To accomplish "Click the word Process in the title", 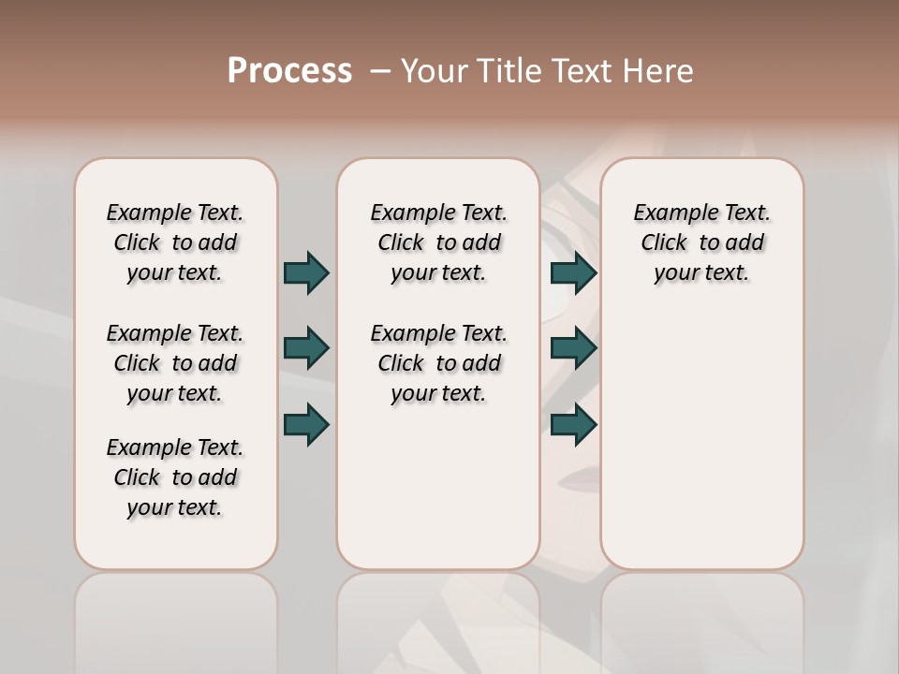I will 289,71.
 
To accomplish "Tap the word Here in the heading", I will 659,71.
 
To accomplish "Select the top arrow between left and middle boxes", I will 306,272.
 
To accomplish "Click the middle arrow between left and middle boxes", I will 306,348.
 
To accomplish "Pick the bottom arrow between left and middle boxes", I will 306,424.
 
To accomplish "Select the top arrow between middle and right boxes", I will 573,272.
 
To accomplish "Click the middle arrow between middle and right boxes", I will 573,348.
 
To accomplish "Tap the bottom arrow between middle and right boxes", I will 573,424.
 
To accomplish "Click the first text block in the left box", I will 175,242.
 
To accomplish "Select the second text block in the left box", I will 175,363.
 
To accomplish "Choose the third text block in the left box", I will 175,477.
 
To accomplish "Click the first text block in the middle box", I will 438,242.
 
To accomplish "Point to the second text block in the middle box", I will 438,363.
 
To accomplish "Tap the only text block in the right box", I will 701,242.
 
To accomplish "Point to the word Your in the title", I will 434,71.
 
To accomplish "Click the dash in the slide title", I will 380,71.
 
